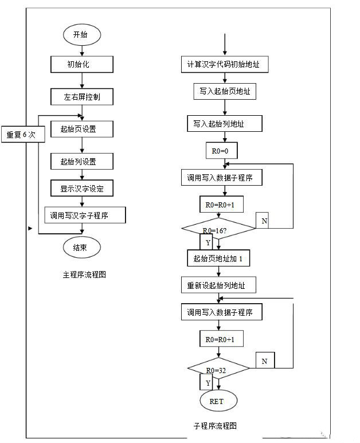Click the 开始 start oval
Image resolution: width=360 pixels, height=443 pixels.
82,34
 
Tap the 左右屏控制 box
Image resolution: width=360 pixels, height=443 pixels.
81,97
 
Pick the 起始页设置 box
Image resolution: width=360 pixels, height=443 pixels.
81,129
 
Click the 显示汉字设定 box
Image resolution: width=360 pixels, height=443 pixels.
81,188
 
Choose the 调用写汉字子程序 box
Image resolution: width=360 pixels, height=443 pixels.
85,215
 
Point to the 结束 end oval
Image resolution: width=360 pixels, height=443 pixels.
82,248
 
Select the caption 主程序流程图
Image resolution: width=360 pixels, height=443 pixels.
84,275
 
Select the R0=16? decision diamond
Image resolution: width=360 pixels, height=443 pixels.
218,229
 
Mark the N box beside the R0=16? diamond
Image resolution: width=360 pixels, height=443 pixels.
263,221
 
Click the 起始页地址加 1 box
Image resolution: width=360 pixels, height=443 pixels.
218,258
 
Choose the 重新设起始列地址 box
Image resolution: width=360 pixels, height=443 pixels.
218,285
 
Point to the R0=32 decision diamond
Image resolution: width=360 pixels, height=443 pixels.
218,370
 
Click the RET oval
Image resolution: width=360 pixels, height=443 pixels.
218,401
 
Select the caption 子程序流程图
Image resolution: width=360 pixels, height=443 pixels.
215,425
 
